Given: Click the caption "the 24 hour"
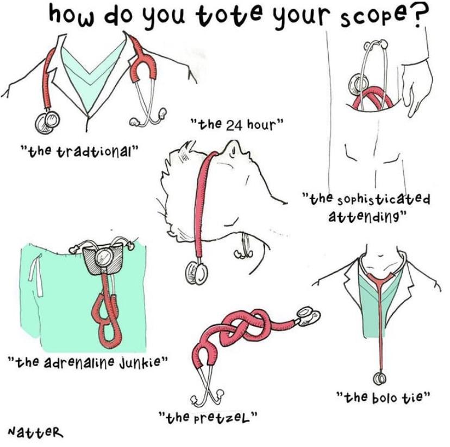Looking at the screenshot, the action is point(237,124).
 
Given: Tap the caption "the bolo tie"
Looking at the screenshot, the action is point(383,397).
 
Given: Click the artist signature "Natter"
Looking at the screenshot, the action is point(35,431).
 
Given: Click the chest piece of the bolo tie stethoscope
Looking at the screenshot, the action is point(380,379).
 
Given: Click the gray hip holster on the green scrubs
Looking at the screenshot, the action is point(104,261).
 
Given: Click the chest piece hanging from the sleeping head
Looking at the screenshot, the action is point(197,273).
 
